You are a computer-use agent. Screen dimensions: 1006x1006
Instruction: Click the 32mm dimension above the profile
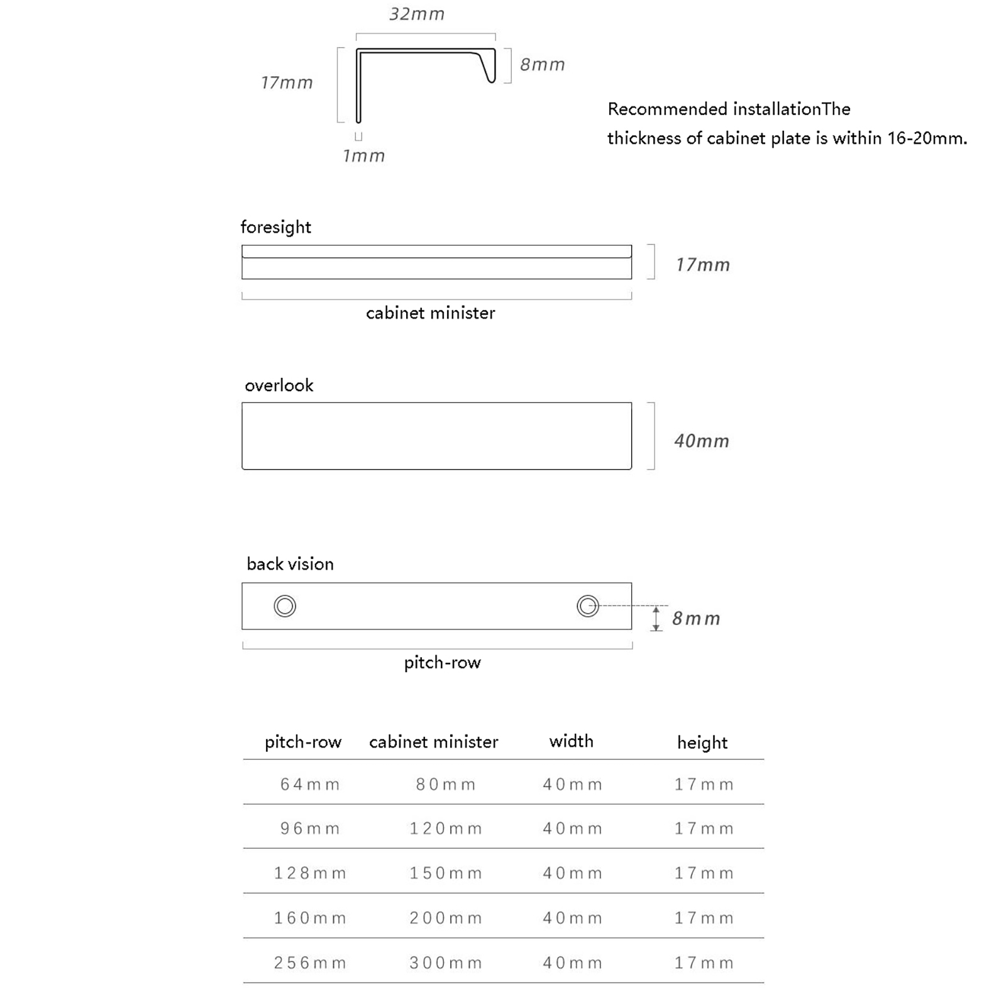tap(417, 14)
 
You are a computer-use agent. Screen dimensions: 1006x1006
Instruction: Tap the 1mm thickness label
tap(363, 156)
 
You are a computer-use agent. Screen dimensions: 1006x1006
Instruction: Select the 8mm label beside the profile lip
tap(542, 64)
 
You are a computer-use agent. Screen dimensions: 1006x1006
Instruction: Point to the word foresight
tap(275, 227)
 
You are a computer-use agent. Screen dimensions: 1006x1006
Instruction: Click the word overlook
tap(279, 385)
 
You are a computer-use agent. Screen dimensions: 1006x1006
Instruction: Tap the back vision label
tap(290, 564)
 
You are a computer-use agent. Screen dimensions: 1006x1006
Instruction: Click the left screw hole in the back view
tap(285, 606)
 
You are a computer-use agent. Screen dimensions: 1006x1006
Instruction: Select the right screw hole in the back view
tap(588, 606)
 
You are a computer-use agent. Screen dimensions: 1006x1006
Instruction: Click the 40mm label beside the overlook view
tap(701, 441)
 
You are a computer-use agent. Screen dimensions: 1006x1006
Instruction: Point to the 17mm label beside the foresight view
tap(702, 265)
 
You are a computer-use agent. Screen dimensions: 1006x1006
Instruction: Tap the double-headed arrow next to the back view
tap(656, 619)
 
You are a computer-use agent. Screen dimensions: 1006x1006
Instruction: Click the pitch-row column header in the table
tap(303, 742)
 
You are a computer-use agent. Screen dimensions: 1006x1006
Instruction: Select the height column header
tap(702, 743)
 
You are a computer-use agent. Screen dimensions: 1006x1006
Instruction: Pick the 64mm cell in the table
tap(310, 784)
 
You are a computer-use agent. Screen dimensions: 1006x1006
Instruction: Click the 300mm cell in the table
tap(446, 963)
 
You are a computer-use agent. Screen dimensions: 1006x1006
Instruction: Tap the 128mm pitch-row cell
tap(310, 873)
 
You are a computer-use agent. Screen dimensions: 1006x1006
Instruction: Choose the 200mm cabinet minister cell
tap(446, 918)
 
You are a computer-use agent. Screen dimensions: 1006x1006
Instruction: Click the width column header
tap(571, 741)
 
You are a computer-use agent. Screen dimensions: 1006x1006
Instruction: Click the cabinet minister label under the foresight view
tap(430, 313)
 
